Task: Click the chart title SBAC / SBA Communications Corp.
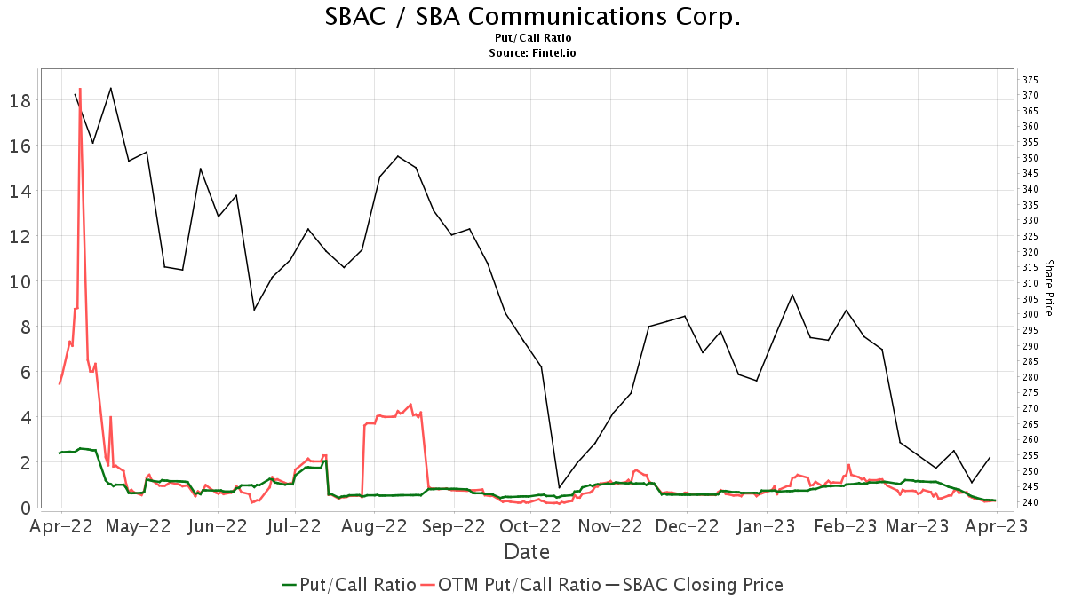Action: tap(532, 17)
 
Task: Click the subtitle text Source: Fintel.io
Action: tap(532, 53)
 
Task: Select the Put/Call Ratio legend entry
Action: tap(348, 585)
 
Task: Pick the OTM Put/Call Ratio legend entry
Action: tap(510, 585)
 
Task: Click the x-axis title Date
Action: tap(527, 552)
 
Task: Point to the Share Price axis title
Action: tap(1048, 288)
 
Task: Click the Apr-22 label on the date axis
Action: tap(60, 526)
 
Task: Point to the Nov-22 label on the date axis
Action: tap(609, 526)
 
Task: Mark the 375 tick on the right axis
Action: tap(1030, 80)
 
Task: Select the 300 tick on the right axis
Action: tap(1030, 314)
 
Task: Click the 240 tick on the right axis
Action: tap(1030, 502)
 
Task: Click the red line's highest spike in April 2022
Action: tap(80, 89)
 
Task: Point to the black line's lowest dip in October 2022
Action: tap(559, 487)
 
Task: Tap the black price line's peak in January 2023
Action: tap(792, 295)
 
